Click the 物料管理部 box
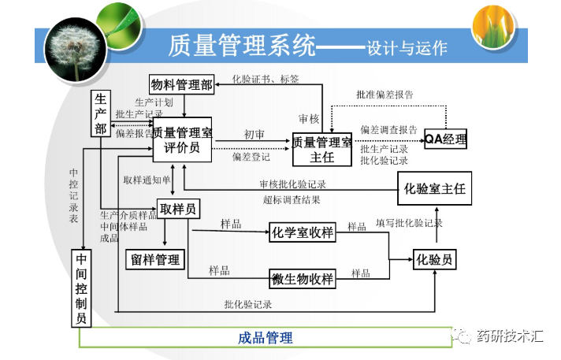[x=182, y=85]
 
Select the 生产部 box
[x=102, y=113]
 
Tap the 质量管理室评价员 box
[x=182, y=140]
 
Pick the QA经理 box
[x=445, y=139]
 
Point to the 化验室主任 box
[x=434, y=188]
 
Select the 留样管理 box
[x=154, y=258]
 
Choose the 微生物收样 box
[x=303, y=278]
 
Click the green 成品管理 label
[x=266, y=338]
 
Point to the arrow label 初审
[x=254, y=135]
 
